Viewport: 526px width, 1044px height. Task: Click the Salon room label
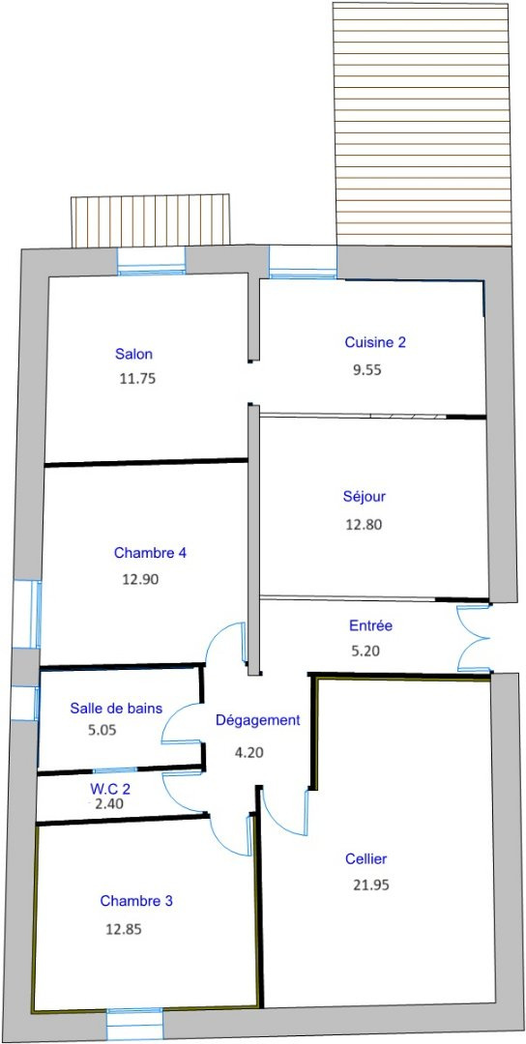[133, 353]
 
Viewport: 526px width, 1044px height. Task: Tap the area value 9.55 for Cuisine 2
[366, 370]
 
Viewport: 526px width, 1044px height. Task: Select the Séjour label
[365, 496]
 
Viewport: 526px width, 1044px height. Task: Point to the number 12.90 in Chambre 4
[140, 579]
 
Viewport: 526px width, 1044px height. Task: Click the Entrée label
[371, 625]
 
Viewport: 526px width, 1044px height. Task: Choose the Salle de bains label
[116, 709]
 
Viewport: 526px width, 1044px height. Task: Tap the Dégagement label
[257, 720]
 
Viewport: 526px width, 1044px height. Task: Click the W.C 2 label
[110, 789]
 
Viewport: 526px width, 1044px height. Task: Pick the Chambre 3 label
[136, 901]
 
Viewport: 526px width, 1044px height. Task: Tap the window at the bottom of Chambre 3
[135, 1024]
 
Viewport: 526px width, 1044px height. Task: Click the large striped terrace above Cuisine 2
[423, 124]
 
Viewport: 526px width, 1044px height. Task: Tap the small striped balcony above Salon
[151, 220]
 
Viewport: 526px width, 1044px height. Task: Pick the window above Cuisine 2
[303, 262]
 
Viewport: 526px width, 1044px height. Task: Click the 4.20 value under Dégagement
[249, 753]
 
